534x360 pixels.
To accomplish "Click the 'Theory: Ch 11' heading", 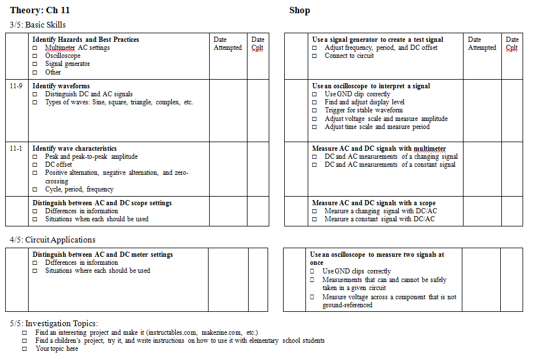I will click(40, 10).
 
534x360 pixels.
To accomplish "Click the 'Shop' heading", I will click(300, 10).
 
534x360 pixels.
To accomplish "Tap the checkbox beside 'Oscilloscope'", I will click(36, 56).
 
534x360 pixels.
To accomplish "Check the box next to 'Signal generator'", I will click(36, 64).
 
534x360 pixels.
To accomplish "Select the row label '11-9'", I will click(16, 86).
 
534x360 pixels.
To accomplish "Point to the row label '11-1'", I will click(16, 148).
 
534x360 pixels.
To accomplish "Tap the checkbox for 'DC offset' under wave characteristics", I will click(36, 165).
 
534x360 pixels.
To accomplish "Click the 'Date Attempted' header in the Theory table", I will click(227, 44).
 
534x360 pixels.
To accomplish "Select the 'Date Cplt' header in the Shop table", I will click(512, 44).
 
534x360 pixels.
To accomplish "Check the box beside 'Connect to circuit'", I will click(315, 56).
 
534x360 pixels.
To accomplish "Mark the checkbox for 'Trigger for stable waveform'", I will click(315, 111).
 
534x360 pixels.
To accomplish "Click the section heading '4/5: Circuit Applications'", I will click(53, 240).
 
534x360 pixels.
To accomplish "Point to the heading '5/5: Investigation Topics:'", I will click(54, 323).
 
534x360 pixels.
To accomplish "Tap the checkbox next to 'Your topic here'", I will click(25, 349).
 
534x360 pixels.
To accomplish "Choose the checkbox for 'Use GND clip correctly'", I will click(315, 94).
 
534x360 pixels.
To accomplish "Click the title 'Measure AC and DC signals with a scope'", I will click(374, 203).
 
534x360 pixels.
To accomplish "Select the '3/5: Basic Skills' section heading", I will click(38, 25).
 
